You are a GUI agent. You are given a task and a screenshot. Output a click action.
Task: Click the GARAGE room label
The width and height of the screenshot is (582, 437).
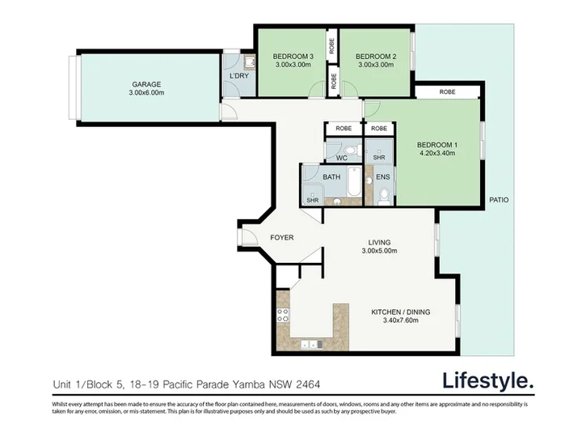[146, 84]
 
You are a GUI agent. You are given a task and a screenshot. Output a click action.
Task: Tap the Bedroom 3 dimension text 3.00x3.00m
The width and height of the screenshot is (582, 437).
[293, 65]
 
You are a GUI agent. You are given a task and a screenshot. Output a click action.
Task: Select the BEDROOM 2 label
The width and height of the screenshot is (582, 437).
[376, 57]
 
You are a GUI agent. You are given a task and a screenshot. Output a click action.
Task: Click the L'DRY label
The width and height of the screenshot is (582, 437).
[239, 76]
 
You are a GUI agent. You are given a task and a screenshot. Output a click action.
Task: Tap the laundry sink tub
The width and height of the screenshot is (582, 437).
[250, 62]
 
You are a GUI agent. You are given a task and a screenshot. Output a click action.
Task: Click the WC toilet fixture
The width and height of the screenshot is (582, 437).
[350, 151]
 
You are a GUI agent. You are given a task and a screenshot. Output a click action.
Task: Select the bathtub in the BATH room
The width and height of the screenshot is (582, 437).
[354, 182]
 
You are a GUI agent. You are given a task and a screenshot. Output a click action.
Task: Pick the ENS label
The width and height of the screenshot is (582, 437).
[383, 177]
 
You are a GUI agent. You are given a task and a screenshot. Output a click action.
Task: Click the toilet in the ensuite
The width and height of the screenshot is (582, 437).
[384, 196]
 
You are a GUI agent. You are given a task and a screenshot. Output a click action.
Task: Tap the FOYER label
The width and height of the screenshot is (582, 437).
[282, 237]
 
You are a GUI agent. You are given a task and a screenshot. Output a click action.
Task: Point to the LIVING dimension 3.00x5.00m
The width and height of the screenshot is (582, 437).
[379, 251]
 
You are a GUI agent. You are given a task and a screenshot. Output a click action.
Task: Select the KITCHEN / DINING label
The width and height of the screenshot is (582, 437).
[401, 312]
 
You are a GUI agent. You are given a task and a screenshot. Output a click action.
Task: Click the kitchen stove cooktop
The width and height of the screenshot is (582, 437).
[283, 316]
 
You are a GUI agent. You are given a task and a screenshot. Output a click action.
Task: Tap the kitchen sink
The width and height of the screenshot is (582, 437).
[311, 345]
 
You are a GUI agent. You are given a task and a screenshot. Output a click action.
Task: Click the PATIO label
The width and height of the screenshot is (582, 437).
[499, 200]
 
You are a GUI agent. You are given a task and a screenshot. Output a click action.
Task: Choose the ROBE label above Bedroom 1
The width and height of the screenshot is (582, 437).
[447, 91]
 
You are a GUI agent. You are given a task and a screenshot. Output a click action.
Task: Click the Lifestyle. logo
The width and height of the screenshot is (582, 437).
[488, 381]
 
